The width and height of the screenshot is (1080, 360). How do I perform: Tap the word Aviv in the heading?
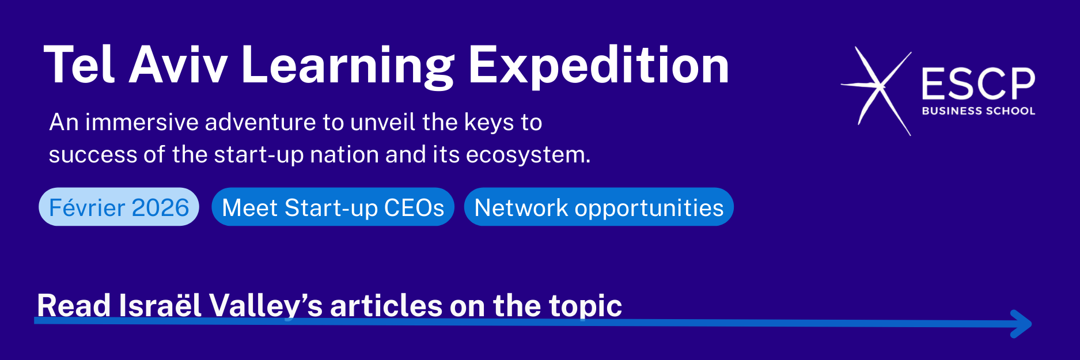pyautogui.click(x=177, y=65)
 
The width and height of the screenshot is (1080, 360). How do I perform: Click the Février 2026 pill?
pyautogui.click(x=119, y=207)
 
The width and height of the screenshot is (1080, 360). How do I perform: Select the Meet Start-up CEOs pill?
pyautogui.click(x=333, y=207)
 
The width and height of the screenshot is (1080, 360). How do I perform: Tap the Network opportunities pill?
pyautogui.click(x=599, y=207)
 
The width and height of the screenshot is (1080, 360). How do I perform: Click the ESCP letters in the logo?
pyautogui.click(x=978, y=84)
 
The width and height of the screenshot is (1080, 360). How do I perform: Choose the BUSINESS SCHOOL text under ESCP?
pyautogui.click(x=978, y=111)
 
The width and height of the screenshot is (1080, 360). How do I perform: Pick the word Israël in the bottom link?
pyautogui.click(x=160, y=305)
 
